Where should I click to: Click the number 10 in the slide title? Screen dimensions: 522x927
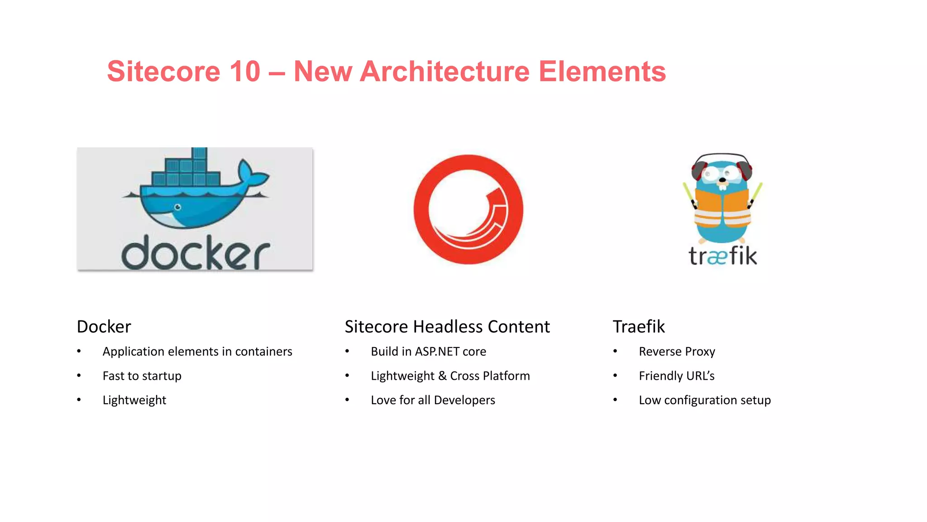click(x=245, y=72)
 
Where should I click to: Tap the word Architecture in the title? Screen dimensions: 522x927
click(x=444, y=72)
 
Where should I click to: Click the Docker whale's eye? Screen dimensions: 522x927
click(x=178, y=207)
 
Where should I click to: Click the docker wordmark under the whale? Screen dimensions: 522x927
click(x=196, y=253)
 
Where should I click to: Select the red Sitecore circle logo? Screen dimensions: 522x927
click(x=468, y=209)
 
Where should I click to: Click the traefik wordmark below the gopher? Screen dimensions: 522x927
click(x=722, y=256)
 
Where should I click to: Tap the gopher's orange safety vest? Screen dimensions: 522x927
click(x=722, y=208)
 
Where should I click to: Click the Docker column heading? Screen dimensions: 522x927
click(x=104, y=327)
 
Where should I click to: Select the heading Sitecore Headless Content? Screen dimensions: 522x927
click(x=447, y=327)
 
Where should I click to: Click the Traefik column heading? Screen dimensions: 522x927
click(x=638, y=327)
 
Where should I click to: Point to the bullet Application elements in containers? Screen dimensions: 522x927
click(x=197, y=352)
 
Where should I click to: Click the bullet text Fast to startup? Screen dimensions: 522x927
click(x=142, y=376)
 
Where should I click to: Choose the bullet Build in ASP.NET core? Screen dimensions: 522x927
click(x=428, y=352)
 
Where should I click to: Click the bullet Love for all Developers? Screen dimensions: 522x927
click(x=433, y=400)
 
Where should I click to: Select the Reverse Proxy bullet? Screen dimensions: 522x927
click(x=677, y=352)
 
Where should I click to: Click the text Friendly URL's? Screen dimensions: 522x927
click(x=676, y=376)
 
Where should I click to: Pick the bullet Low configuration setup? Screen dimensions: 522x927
click(x=704, y=400)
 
